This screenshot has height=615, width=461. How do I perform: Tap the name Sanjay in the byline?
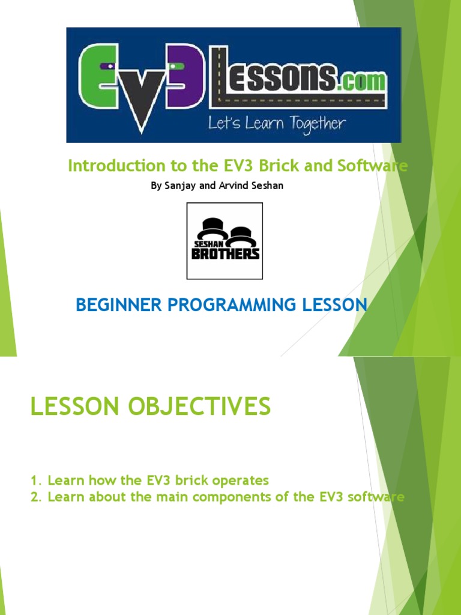pyautogui.click(x=179, y=186)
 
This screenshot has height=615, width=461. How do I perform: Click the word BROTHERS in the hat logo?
pyautogui.click(x=225, y=253)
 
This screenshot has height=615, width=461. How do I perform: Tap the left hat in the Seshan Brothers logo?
pyautogui.click(x=212, y=228)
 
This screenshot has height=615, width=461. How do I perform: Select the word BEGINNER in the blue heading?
pyautogui.click(x=113, y=305)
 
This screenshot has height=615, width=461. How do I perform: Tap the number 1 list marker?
pyautogui.click(x=34, y=481)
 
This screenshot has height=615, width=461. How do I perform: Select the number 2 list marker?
pyautogui.click(x=34, y=497)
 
